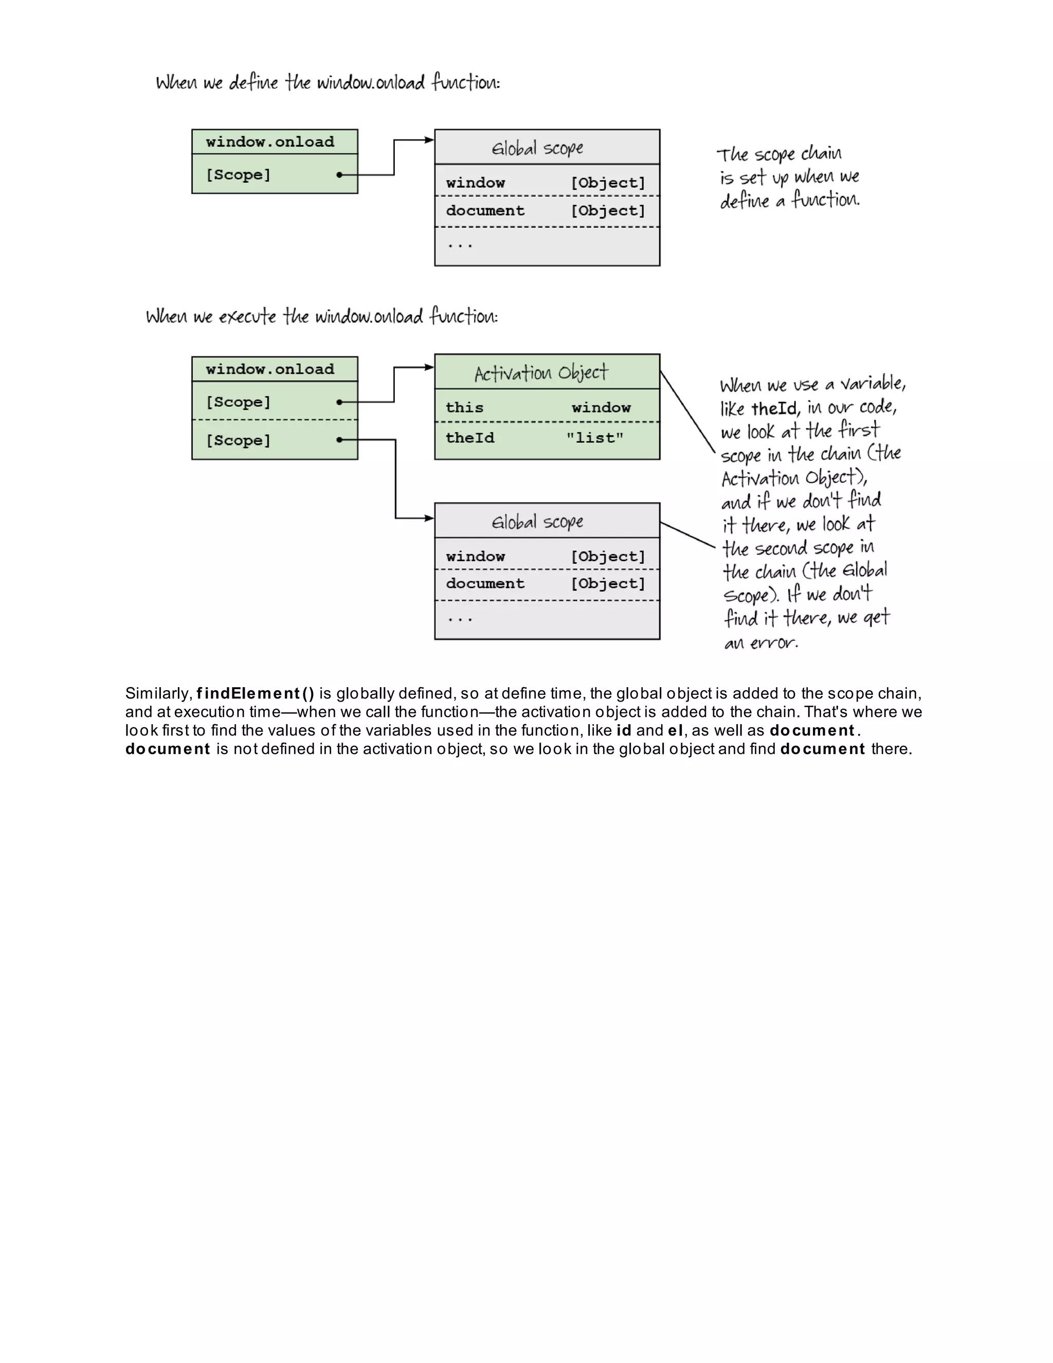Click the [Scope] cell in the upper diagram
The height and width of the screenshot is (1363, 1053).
(x=238, y=175)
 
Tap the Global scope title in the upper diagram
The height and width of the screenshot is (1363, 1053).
(x=537, y=148)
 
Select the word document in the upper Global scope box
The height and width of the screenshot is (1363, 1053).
(x=485, y=211)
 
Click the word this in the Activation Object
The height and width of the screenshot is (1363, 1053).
(x=464, y=407)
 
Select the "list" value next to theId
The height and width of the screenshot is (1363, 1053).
(x=594, y=438)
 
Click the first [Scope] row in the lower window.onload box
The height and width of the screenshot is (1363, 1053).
(x=238, y=402)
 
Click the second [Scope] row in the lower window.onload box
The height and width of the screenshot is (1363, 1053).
(x=238, y=441)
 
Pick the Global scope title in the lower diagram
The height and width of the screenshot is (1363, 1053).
(x=537, y=521)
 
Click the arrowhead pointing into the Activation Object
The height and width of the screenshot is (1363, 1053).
(x=429, y=368)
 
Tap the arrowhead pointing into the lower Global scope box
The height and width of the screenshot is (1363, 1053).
(x=429, y=518)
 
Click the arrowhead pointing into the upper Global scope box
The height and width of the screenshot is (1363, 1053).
(x=429, y=140)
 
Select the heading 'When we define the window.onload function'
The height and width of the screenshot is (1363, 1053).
(x=328, y=82)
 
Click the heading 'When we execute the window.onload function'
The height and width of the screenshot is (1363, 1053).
(x=321, y=316)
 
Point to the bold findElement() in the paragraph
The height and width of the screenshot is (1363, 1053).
(x=255, y=693)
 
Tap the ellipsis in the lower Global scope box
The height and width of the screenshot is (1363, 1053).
(x=460, y=618)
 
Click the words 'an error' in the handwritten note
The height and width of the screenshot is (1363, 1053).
(x=760, y=642)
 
